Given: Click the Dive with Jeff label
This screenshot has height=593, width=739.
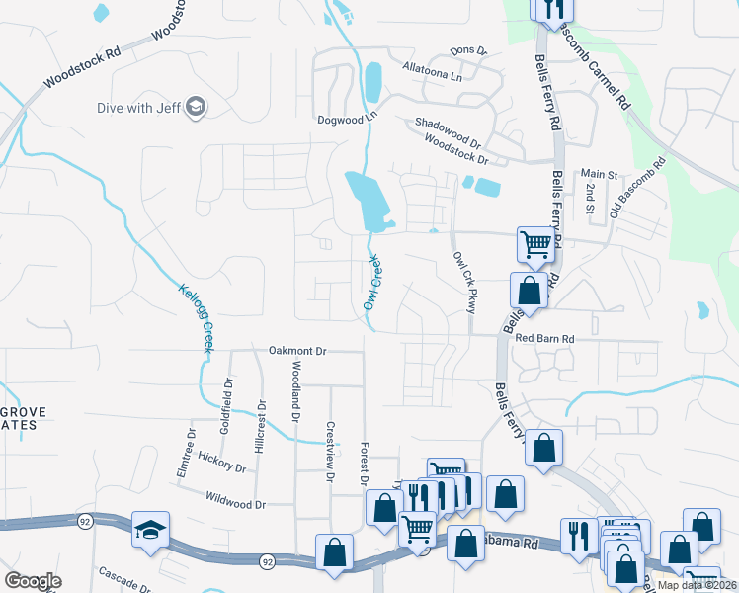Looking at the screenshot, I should coord(138,108).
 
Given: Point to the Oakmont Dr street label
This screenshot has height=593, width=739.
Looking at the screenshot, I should coord(297,351).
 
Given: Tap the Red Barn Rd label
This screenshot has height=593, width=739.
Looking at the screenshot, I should coord(544,339).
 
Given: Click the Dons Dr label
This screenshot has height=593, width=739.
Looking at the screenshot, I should coord(468,50).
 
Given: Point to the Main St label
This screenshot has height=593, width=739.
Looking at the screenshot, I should coord(599,174).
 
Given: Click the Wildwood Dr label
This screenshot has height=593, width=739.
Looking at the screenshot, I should coord(236,504).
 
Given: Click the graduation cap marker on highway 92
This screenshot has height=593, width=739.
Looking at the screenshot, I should coord(151,530).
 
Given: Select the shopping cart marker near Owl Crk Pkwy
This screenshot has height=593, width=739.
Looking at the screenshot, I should coord(535,243).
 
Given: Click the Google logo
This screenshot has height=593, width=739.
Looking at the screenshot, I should coord(33,581).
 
